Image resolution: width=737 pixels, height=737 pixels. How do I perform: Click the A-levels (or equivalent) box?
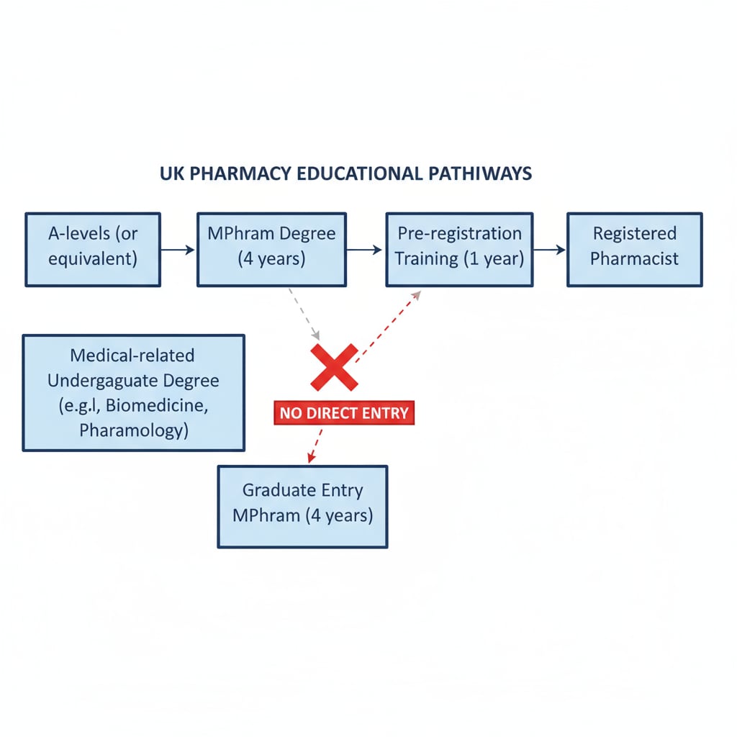[x=93, y=249]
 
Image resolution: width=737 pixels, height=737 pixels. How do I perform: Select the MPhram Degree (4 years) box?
[x=271, y=249]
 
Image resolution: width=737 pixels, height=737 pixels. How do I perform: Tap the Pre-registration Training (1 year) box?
[x=459, y=249]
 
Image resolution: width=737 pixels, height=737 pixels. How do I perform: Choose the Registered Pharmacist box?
[x=634, y=249]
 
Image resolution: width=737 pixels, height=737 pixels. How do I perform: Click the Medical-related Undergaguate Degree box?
[x=133, y=392]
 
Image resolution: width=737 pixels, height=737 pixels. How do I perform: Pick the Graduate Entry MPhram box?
[x=302, y=506]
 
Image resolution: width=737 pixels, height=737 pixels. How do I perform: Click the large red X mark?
[x=334, y=366]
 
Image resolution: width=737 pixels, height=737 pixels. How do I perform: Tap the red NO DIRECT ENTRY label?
[x=344, y=413]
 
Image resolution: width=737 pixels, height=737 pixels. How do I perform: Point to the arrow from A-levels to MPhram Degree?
[x=178, y=250]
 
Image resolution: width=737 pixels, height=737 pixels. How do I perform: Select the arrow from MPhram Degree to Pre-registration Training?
[x=365, y=250]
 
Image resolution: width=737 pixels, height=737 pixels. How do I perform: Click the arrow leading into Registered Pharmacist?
[x=549, y=250]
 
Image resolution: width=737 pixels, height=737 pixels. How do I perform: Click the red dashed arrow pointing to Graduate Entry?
[x=315, y=444]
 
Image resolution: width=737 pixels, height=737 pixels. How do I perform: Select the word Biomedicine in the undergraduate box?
[x=157, y=405]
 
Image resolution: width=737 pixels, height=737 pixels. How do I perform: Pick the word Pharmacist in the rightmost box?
[x=634, y=259]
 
